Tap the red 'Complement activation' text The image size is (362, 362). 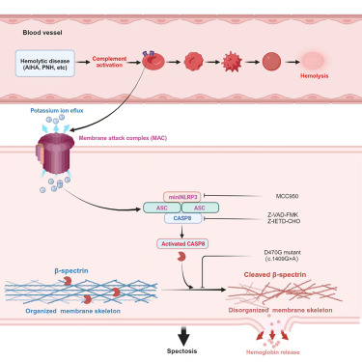pos(115,63)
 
